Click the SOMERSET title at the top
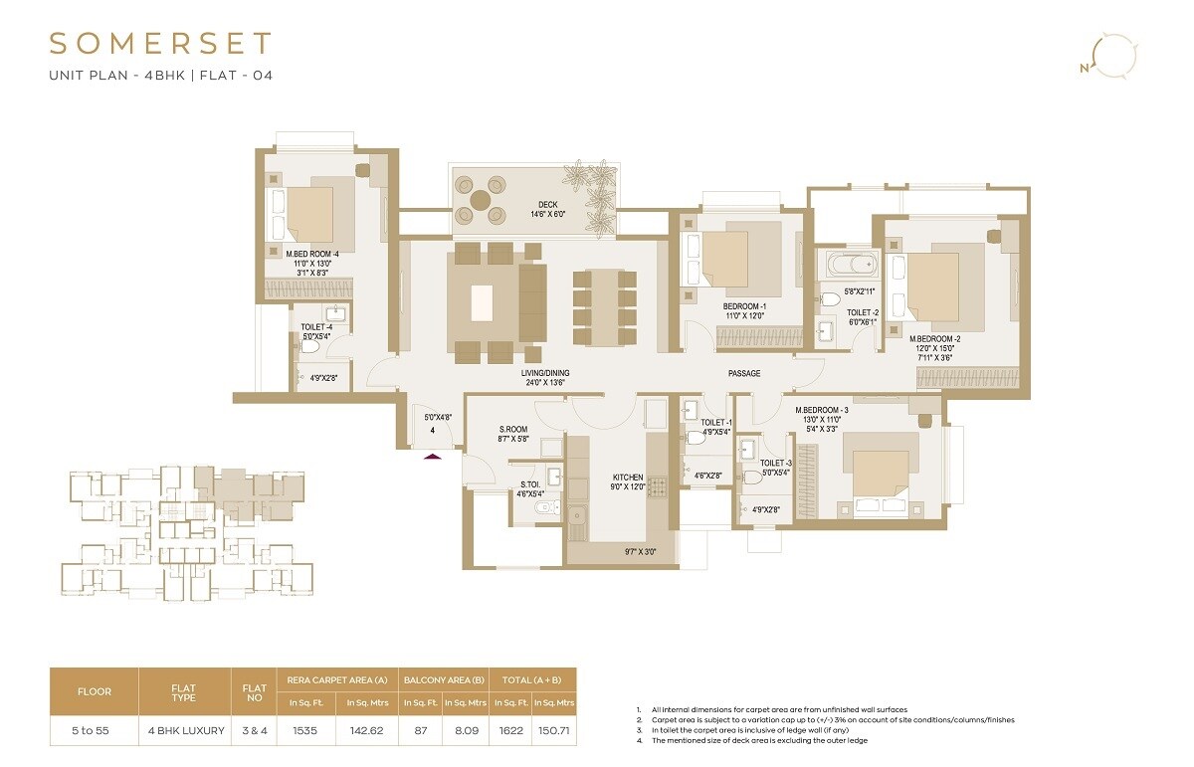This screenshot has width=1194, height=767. [160, 44]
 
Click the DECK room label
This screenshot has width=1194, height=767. [548, 206]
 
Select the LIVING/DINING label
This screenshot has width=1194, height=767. [544, 373]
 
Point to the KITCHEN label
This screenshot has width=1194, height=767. [628, 478]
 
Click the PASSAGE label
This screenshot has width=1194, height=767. [743, 373]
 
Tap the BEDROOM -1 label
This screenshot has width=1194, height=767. [743, 306]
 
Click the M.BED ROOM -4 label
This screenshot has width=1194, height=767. [312, 254]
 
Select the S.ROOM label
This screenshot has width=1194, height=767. [512, 430]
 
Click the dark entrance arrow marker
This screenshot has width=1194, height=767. [432, 456]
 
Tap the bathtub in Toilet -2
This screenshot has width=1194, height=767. [849, 265]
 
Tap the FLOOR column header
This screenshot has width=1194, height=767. [95, 690]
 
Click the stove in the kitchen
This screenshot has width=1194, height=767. [657, 487]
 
